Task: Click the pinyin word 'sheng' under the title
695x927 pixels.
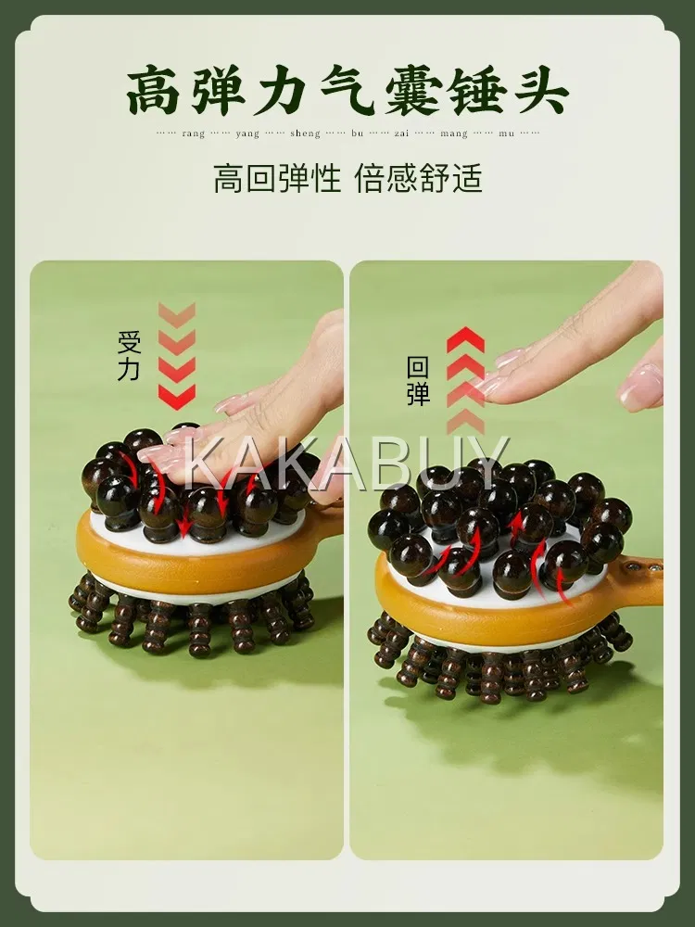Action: click(305, 134)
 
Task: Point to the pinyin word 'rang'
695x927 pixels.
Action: click(194, 134)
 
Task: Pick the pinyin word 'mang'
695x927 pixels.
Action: click(454, 134)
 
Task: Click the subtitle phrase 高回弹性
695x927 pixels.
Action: click(277, 178)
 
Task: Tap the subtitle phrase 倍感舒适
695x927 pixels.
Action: click(419, 178)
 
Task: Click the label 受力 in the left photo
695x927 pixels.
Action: click(129, 356)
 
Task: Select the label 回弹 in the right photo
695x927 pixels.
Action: click(418, 381)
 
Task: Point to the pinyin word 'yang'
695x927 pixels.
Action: click(247, 134)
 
